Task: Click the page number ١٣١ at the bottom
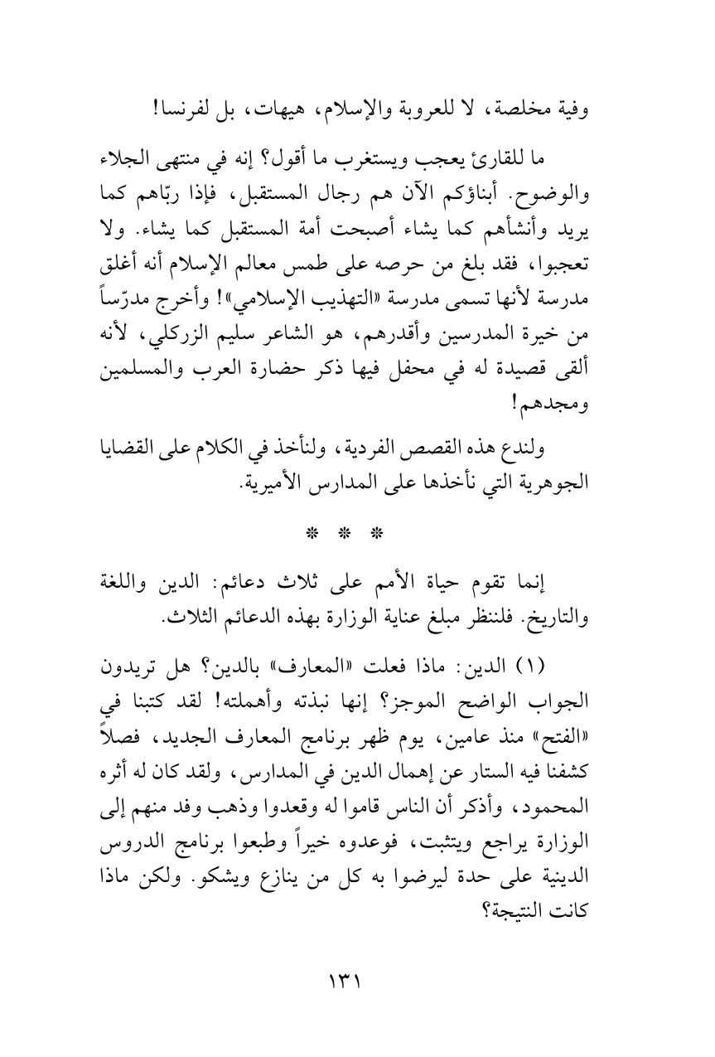point(356,981)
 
